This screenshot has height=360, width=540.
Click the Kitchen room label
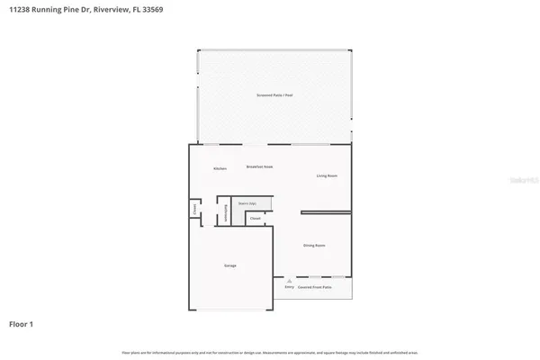(220, 169)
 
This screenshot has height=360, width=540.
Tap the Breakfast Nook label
(259, 167)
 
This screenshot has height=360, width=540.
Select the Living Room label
(326, 175)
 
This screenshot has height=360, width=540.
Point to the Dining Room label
(314, 245)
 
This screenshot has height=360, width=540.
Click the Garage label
(230, 266)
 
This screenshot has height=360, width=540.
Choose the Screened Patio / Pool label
(274, 94)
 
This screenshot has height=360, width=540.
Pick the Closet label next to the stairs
(255, 219)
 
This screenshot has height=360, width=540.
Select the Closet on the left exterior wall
(193, 211)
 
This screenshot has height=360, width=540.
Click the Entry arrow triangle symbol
(289, 281)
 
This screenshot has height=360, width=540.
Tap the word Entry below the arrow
(289, 287)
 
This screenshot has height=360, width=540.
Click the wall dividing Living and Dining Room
(326, 213)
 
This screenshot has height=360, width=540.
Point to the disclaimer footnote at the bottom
(270, 351)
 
